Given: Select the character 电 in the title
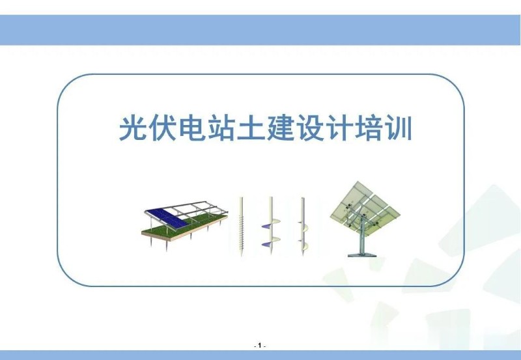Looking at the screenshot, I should click(x=193, y=128).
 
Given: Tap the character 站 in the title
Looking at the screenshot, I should click(x=225, y=128).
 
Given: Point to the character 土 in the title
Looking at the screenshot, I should click(x=256, y=128).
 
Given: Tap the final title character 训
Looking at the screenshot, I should click(x=411, y=128).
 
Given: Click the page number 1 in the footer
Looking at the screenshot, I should click(x=260, y=345).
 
